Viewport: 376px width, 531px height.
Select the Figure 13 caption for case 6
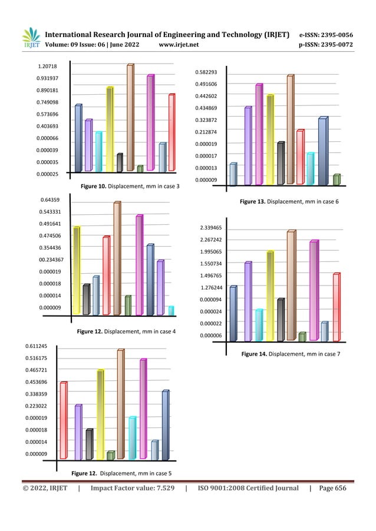click(x=289, y=202)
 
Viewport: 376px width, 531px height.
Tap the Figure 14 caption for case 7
click(x=289, y=354)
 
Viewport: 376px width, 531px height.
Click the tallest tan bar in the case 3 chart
click(x=130, y=118)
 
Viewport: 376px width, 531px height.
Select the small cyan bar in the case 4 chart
click(x=171, y=310)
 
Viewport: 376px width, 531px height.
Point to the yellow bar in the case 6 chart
click(x=270, y=140)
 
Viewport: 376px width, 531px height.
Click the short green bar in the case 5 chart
click(x=110, y=455)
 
